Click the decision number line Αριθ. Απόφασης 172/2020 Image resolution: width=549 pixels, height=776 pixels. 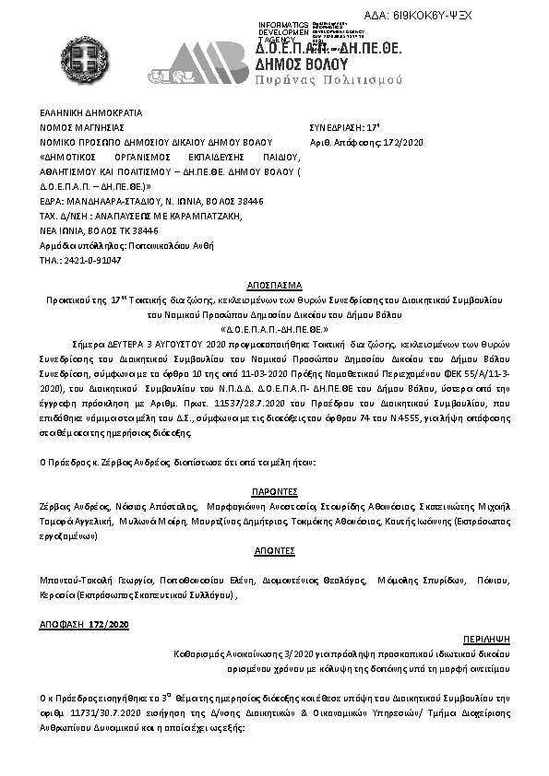pos(365,142)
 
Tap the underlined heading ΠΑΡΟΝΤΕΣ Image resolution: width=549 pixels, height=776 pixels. pos(274,493)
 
